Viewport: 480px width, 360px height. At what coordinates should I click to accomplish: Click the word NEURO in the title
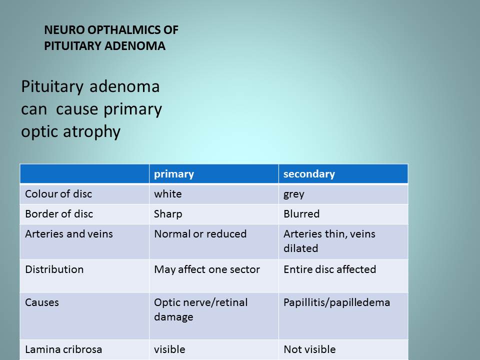pos(64,30)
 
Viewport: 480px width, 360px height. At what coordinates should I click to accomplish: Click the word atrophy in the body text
pos(91,132)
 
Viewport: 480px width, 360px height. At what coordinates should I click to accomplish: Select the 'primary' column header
pos(174,174)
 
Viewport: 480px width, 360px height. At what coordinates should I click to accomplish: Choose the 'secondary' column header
pos(309,174)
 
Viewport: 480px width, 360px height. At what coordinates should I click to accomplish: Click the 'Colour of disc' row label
pos(58,194)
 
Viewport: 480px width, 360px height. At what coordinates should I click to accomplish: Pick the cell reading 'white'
pos(168,194)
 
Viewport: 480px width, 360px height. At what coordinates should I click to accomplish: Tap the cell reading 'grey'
pos(294,194)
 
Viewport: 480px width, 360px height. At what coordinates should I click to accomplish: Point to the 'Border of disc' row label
pos(59,213)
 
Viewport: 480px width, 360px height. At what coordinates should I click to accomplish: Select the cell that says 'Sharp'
pos(168,214)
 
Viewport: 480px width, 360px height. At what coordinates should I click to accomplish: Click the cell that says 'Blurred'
pos(301,213)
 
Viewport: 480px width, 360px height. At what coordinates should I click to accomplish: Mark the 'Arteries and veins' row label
pos(69,234)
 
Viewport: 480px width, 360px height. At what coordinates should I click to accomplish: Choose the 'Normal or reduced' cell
pos(200,234)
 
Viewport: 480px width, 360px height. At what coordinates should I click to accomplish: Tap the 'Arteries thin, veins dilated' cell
pos(329,241)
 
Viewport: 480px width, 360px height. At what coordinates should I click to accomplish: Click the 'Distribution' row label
pos(54,269)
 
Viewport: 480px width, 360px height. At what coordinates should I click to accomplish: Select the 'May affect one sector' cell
pos(207,269)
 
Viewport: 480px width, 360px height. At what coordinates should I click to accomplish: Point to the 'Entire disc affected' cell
pos(329,269)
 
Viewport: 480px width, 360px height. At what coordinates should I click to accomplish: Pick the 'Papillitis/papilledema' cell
pos(336,303)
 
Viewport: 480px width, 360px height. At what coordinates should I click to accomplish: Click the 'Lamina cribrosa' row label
pos(63,349)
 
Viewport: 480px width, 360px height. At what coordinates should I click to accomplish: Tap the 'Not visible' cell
pos(309,349)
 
